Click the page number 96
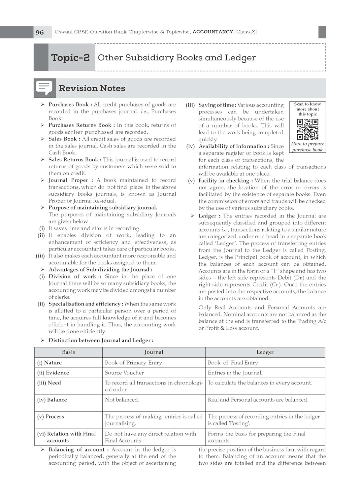40,32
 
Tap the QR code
308,129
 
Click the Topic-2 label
70,58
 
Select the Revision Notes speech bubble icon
44,88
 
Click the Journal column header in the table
153,352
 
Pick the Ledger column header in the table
265,352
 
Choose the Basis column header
69,352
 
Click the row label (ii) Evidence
53,373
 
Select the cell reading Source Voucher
124,373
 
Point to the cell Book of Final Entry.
233,363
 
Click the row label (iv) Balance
52,400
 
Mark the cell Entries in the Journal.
235,373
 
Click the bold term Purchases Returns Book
80,125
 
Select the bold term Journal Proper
68,180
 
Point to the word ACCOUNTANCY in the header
213,32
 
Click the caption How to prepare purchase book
308,147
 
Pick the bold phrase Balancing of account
76,449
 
